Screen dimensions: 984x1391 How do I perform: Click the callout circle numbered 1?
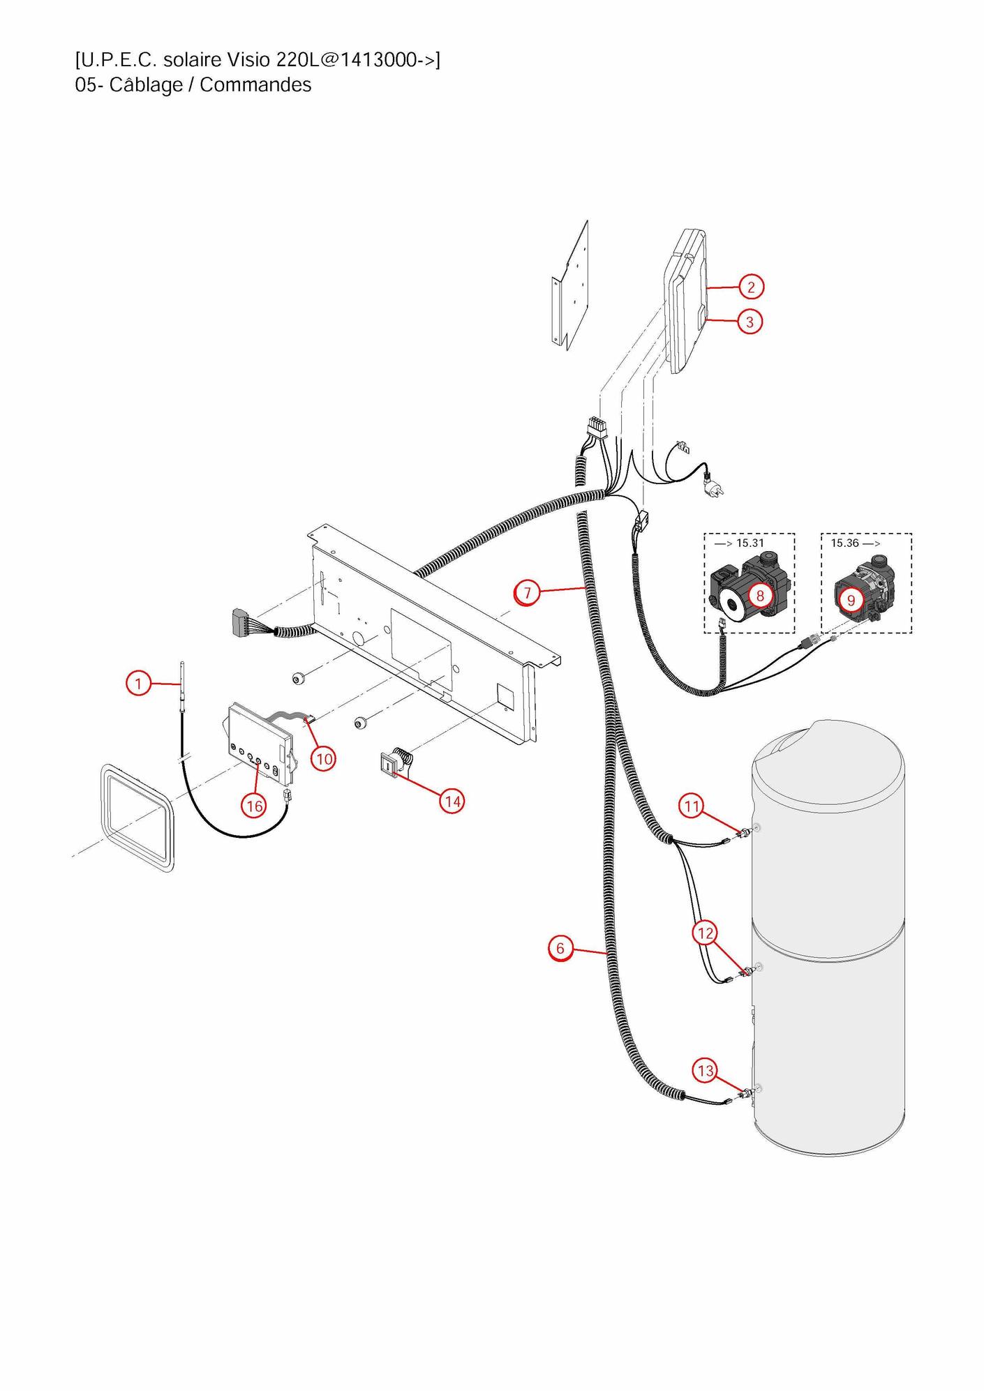138,683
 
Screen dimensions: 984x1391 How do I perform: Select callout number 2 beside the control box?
751,287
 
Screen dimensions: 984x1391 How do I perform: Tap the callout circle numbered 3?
750,322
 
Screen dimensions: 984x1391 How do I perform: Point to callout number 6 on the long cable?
560,948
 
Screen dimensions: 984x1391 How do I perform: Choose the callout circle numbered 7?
527,594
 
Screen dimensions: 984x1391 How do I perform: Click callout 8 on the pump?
760,595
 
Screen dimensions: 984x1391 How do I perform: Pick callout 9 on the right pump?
851,600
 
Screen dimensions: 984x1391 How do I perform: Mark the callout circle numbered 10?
323,758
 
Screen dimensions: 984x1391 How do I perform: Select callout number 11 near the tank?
692,807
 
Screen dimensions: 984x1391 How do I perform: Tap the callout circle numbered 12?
706,933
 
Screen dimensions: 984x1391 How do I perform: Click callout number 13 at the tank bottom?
706,1071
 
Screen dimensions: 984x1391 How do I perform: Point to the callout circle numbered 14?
453,802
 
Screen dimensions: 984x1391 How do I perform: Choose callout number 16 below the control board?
255,806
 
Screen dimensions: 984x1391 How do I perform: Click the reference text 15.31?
750,543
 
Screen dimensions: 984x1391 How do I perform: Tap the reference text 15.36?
844,543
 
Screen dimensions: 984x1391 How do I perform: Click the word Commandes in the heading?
255,85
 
